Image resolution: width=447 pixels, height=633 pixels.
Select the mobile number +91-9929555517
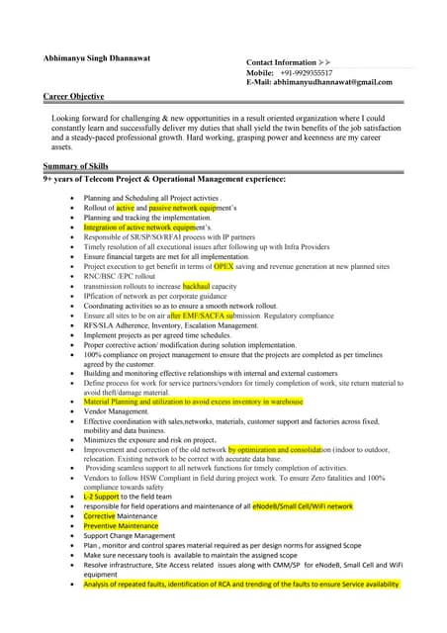tap(306, 72)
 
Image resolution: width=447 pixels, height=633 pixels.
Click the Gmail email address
tap(335, 82)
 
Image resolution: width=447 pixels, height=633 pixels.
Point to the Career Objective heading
tap(74, 96)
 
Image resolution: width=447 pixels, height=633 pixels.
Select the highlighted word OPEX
tap(224, 266)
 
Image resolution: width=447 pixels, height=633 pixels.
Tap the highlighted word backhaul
tap(202, 286)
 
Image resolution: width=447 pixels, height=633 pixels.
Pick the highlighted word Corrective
tap(100, 515)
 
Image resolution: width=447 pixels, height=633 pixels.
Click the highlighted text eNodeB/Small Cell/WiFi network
tap(302, 505)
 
